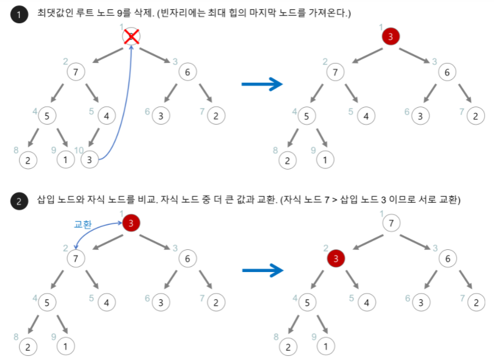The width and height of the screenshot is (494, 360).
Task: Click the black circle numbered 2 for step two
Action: (x=19, y=202)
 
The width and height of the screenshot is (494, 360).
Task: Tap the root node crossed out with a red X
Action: (x=132, y=37)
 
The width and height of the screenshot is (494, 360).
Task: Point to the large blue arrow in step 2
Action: (x=262, y=270)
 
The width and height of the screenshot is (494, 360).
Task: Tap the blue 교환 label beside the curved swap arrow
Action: (x=83, y=224)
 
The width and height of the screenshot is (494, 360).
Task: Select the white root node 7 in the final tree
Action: (x=390, y=223)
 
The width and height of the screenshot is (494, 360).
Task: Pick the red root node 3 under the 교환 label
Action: (x=132, y=223)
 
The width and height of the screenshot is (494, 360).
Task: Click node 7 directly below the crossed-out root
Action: (x=76, y=72)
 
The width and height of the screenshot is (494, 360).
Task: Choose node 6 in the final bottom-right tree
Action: (x=447, y=257)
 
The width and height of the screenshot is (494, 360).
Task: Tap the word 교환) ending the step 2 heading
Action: (x=448, y=200)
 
